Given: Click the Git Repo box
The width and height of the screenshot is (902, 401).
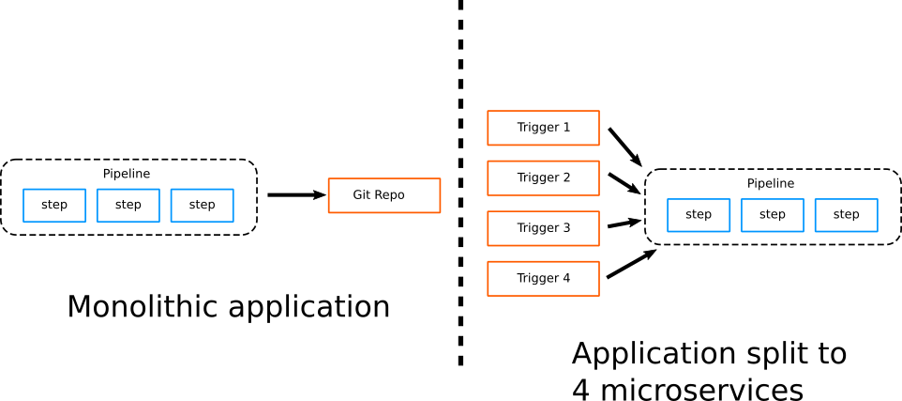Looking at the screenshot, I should [x=383, y=195].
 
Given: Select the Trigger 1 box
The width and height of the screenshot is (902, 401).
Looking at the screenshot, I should [x=543, y=128].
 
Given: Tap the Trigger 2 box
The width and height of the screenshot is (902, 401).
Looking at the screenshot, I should [x=543, y=177].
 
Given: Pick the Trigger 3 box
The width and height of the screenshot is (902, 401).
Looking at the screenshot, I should [x=543, y=228].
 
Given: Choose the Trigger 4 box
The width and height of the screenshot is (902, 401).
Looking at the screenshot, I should [x=543, y=278].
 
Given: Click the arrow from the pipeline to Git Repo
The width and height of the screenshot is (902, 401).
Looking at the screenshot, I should [x=296, y=195].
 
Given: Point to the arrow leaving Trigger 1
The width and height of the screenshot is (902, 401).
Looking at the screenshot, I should [x=624, y=147].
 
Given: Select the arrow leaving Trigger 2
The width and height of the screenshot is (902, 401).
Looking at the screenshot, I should [x=624, y=183].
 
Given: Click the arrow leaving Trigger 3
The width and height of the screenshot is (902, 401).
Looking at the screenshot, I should [x=624, y=224].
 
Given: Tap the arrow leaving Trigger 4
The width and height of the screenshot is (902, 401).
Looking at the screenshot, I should [x=630, y=264].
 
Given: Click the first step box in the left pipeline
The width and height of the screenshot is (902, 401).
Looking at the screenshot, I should [x=54, y=206].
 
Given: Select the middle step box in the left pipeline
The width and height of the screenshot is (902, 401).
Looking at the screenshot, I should [x=128, y=206].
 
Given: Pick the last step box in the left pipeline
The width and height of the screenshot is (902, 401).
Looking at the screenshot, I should [x=202, y=206].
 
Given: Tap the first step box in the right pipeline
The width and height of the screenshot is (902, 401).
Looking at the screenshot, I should [x=699, y=215].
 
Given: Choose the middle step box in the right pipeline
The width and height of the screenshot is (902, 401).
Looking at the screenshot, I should [x=773, y=215].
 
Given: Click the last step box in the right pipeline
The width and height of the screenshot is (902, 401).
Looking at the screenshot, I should [x=846, y=215].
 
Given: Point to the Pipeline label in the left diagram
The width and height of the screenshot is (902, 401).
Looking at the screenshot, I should [x=127, y=174].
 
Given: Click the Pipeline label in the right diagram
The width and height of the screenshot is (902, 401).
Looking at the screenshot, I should [x=771, y=184].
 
